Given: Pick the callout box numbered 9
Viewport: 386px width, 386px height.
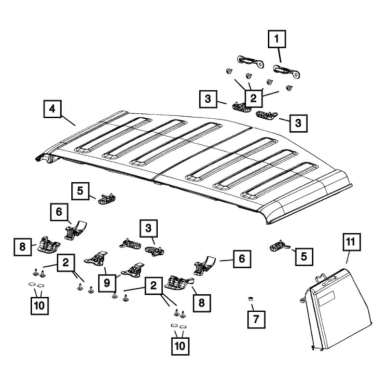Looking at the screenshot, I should (107, 283).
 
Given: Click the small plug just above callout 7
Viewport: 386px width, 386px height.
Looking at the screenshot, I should (251, 300).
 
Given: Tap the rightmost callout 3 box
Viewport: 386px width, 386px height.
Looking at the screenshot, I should (298, 123).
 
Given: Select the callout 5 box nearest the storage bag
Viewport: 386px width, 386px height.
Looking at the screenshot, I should (303, 256).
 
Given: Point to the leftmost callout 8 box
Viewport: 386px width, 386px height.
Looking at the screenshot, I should (22, 247).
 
